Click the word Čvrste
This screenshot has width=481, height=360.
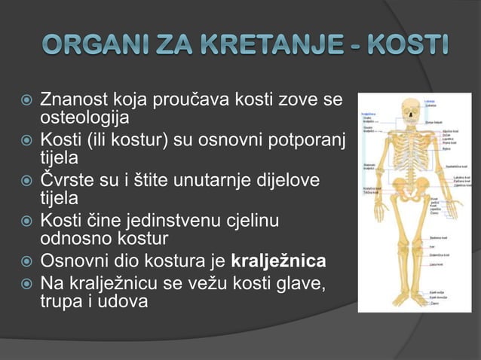(66, 181)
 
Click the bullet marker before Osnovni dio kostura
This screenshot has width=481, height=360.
(26, 262)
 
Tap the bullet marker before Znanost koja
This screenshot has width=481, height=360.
(26, 99)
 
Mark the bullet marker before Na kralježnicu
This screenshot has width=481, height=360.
(26, 283)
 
